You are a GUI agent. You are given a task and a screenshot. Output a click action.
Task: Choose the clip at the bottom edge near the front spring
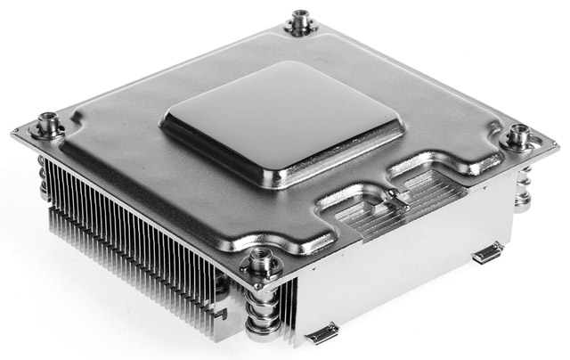click(322, 334)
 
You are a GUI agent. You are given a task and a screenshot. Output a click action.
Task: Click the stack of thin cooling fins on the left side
click(134, 241)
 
